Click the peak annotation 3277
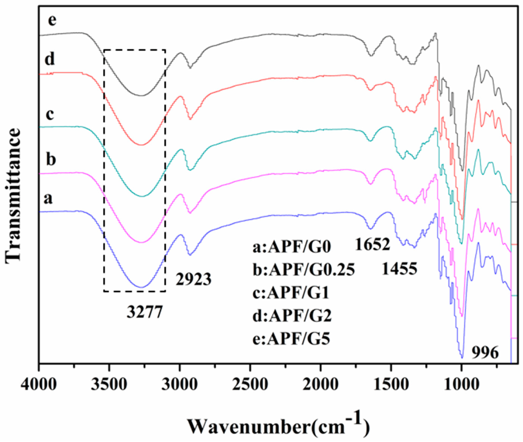click(145, 312)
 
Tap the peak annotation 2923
click(193, 280)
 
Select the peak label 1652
click(372, 245)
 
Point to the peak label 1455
click(399, 269)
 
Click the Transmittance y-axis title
click(12, 195)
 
